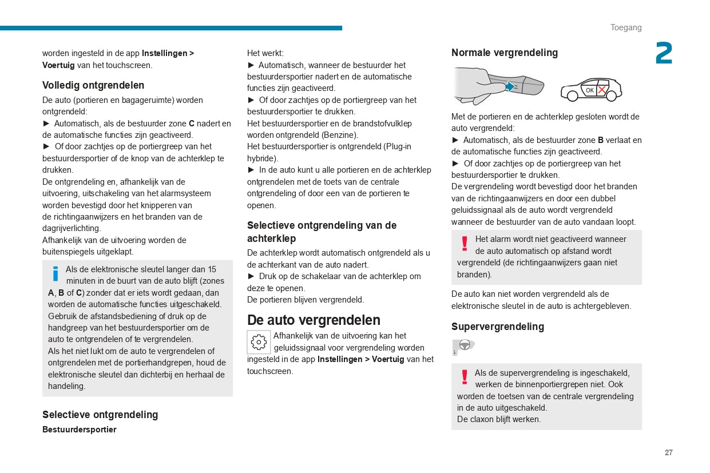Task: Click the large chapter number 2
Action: tap(664, 54)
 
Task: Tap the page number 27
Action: tap(668, 452)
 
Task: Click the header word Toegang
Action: tap(626, 27)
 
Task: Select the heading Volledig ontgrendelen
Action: tap(93, 85)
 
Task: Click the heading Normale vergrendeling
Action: tap(504, 53)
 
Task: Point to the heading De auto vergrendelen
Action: tap(314, 320)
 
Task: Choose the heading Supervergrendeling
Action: tap(497, 327)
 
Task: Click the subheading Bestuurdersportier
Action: tap(79, 430)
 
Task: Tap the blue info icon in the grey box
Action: tap(55, 274)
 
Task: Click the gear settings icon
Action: tap(259, 342)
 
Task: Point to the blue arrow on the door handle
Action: tap(509, 87)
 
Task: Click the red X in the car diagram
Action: tap(602, 90)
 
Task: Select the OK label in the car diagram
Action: tap(589, 90)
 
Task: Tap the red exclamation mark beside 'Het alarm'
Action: tap(465, 244)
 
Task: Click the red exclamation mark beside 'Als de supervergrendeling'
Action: tap(465, 377)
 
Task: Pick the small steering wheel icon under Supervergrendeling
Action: tap(464, 345)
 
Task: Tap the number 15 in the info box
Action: tap(212, 269)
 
